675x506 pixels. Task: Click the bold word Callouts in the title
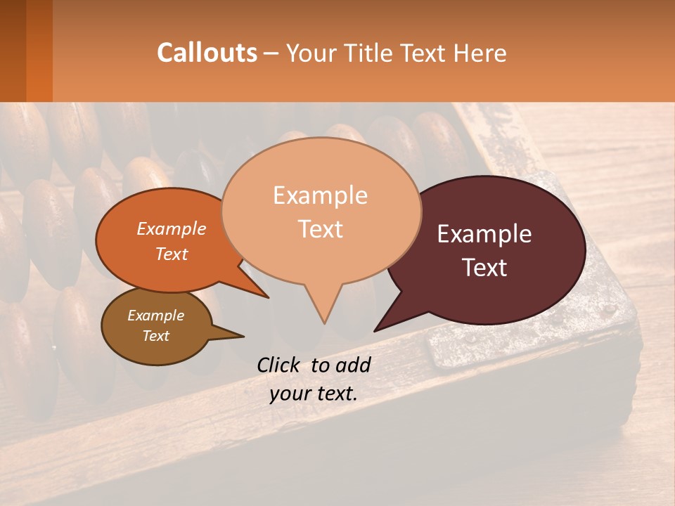point(207,53)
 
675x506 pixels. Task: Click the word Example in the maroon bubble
point(484,234)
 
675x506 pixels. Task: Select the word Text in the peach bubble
point(321,229)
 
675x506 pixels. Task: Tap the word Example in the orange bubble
point(172,228)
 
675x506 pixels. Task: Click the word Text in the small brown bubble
point(156,336)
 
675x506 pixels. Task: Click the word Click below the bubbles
point(280,365)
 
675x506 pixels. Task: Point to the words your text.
point(314,394)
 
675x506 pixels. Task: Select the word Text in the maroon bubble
point(485,268)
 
